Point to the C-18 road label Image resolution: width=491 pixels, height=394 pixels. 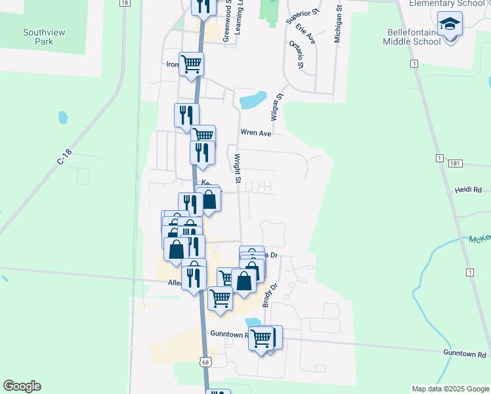pos(64,157)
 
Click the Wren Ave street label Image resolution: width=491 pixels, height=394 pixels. pos(256,133)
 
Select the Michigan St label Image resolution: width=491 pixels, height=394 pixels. pos(338,25)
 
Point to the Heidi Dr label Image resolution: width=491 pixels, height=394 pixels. pos(468,189)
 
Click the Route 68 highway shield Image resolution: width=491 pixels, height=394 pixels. pos(205,362)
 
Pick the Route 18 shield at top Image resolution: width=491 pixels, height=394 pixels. pos(124,3)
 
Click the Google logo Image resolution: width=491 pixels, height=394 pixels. pos(22,386)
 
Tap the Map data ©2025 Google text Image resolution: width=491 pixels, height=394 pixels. pos(450,389)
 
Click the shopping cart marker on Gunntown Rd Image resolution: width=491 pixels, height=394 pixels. pos(262,339)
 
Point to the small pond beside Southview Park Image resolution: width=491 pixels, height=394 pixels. pos(63,118)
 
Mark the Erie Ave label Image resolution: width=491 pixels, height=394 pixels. pos(306,34)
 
